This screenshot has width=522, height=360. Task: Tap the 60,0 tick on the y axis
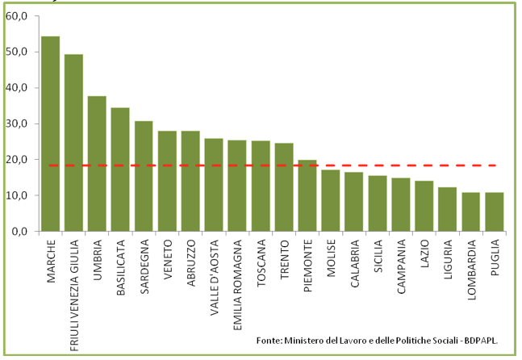pyautogui.click(x=17, y=16)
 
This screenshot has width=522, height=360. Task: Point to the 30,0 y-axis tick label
pyautogui.click(x=17, y=123)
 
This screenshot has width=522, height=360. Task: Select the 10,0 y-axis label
pyautogui.click(x=17, y=195)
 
